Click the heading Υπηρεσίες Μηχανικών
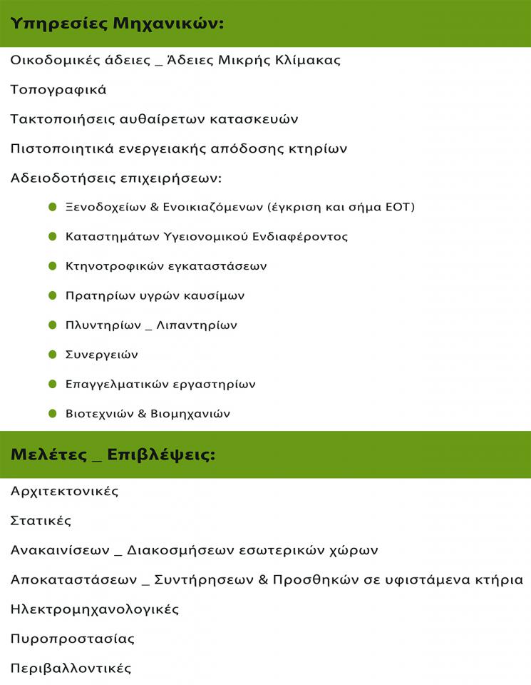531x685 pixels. [x=117, y=24]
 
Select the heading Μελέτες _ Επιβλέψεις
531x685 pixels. [x=113, y=455]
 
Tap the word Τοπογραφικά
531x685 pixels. [x=58, y=90]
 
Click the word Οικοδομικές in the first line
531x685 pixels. [x=56, y=60]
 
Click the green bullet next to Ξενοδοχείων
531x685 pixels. [x=52, y=207]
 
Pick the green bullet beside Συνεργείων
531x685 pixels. [x=52, y=354]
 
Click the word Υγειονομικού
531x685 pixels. [x=200, y=237]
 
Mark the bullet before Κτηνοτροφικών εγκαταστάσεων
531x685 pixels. [x=52, y=266]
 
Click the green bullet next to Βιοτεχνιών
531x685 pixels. [x=52, y=413]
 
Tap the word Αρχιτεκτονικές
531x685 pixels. [x=64, y=492]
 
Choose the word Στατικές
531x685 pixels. [x=41, y=521]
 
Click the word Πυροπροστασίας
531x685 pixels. [x=72, y=639]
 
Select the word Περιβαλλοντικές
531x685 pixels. [x=71, y=669]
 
